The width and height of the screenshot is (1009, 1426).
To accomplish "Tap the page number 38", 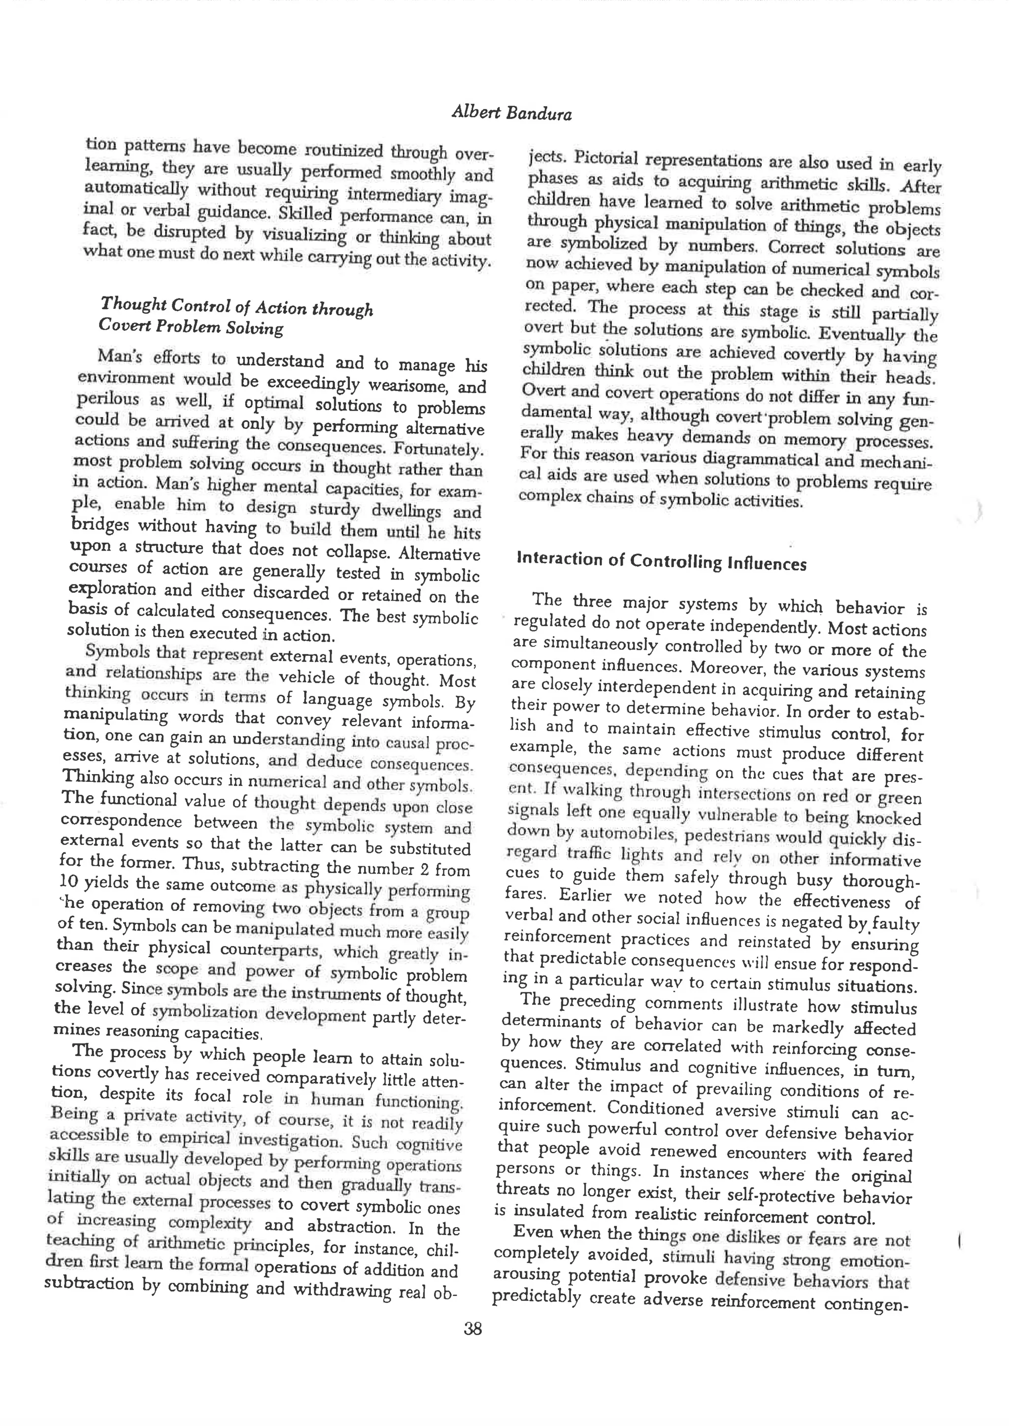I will [473, 1329].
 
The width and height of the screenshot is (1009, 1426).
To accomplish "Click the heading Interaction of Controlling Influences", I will [661, 561].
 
